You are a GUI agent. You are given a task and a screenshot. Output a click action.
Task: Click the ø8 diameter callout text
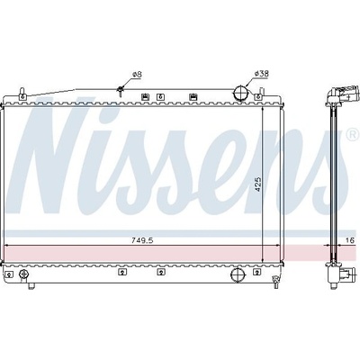click(x=137, y=74)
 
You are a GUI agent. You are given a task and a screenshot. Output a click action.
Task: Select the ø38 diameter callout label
click(x=261, y=74)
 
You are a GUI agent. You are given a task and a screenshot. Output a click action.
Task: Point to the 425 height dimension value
click(x=258, y=184)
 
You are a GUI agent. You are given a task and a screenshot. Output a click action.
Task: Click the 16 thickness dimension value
click(x=350, y=240)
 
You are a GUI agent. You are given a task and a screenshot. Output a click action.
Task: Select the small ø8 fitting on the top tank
click(x=121, y=90)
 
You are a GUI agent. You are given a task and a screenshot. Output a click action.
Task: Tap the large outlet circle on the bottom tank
click(x=238, y=273)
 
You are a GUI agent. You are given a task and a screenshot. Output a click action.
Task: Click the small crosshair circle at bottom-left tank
click(x=23, y=274)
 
